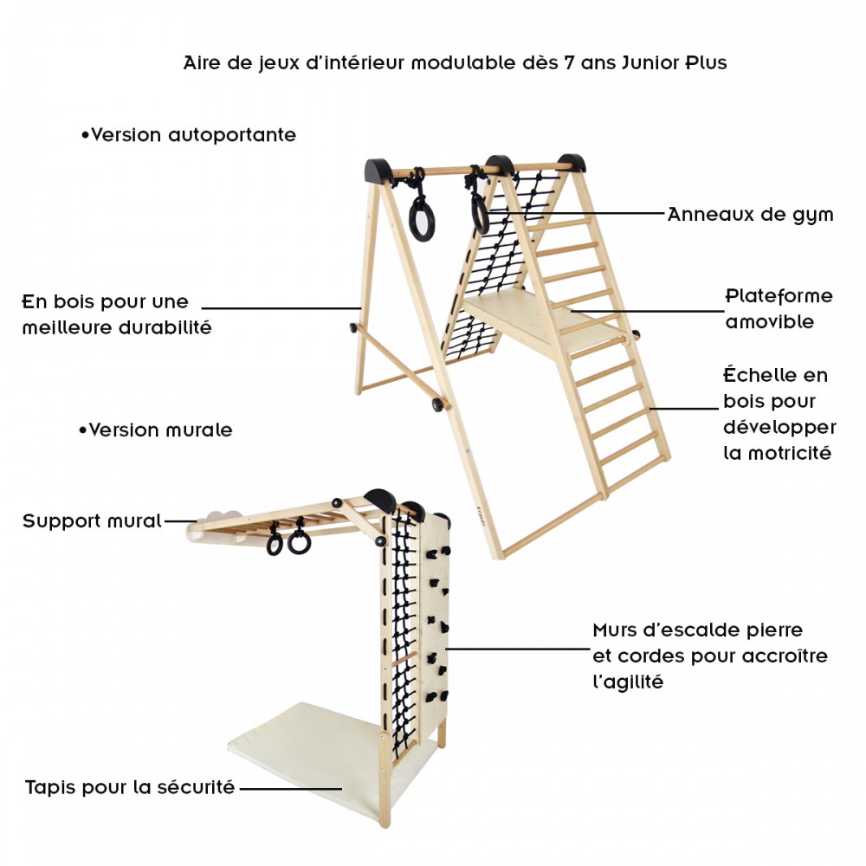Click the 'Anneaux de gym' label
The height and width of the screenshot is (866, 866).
750,215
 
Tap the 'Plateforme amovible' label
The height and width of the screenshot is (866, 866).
779,308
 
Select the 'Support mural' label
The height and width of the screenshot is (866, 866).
92,521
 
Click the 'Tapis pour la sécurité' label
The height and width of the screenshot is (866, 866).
130,788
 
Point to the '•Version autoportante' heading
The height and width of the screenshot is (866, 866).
188,135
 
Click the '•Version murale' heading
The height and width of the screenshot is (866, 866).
155,430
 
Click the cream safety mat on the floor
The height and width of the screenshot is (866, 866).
303,745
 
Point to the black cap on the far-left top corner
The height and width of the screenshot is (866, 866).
378,169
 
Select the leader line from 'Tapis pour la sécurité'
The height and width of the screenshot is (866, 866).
290,789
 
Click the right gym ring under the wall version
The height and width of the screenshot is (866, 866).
300,542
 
